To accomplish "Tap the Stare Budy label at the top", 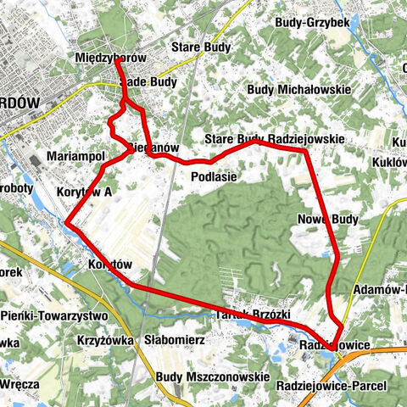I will [197, 47].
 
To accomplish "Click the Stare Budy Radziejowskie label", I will [274, 139].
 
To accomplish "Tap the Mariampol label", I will [76, 158].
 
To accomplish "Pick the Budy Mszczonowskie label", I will [213, 376].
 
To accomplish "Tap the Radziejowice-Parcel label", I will [331, 385].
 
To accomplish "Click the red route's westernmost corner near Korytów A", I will [66, 223].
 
